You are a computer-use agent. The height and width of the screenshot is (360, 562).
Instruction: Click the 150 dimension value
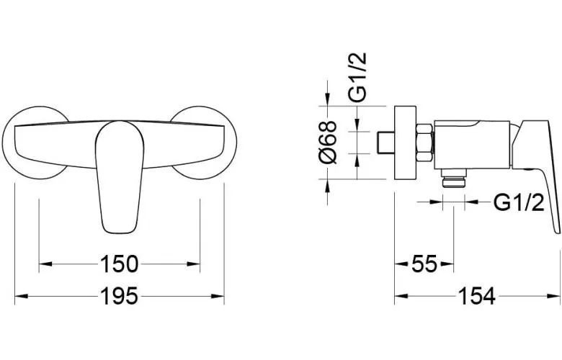click(119, 264)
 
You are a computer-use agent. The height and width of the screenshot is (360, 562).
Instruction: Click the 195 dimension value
click(119, 296)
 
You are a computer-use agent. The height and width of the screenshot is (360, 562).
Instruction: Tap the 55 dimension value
click(424, 264)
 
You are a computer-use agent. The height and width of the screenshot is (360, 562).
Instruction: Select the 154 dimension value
click(477, 296)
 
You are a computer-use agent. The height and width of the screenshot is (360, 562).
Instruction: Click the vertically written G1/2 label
click(357, 76)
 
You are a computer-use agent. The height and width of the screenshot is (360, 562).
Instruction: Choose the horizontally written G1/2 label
click(519, 203)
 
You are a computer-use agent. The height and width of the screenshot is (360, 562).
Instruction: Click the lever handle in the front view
click(120, 177)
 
